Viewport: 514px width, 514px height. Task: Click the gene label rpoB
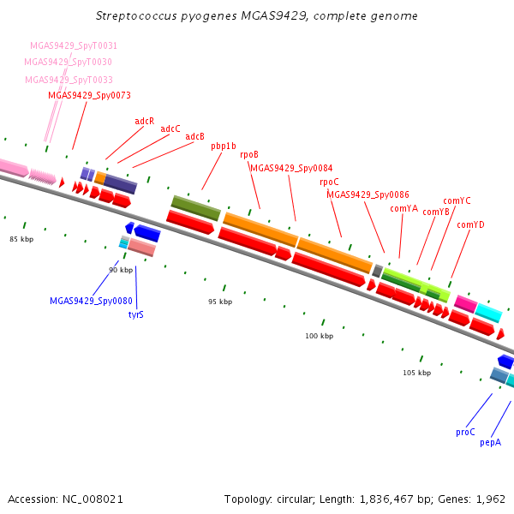pos(249,154)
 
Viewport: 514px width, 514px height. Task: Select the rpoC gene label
pos(329,182)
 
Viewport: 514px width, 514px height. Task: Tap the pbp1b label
pos(224,146)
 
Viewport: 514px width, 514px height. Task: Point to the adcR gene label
pos(145,121)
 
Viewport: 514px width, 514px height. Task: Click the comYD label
pos(470,224)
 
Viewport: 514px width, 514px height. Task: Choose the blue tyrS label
pos(135,314)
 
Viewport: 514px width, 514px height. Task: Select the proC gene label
pos(465,432)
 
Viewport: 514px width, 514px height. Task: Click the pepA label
pos(490,443)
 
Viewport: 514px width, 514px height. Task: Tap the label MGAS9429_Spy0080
pos(91,301)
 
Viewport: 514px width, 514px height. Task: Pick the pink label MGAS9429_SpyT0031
pos(74,45)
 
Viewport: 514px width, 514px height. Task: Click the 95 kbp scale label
pos(220,302)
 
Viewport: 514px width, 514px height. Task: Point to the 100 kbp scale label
pos(320,336)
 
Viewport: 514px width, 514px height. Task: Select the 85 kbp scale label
pos(21,239)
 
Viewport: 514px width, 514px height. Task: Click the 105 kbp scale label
pos(417,373)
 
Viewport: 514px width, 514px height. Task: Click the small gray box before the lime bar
pos(378,271)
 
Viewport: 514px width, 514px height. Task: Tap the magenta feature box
pos(466,304)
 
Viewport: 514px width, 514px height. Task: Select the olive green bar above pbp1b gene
pos(196,208)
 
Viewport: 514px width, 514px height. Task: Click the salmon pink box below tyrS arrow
pos(141,248)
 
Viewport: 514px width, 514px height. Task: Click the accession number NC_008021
pos(93,499)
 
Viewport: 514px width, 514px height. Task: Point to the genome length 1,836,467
pos(386,499)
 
